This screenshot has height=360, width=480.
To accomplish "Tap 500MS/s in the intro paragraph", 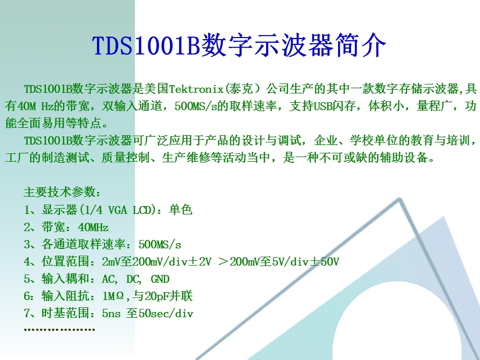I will (x=195, y=106).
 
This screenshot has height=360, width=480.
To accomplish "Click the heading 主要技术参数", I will (x=58, y=192).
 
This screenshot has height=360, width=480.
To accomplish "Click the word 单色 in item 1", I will (x=181, y=210).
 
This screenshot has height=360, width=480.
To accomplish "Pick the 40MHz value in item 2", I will (x=93, y=227).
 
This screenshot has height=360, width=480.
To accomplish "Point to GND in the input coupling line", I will (x=160, y=279).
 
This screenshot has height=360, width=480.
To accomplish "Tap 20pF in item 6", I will (x=156, y=296).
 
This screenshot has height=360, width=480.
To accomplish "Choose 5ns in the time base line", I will (x=111, y=314).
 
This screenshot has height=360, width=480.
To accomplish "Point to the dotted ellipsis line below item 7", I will (x=59, y=329).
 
